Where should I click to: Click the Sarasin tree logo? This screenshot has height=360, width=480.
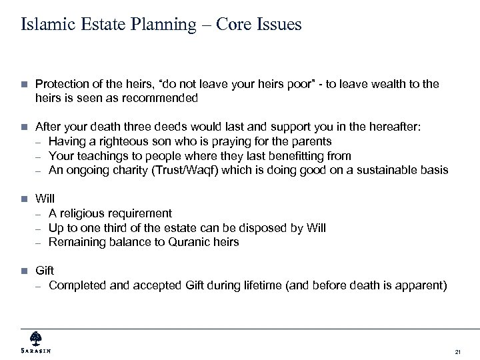(x=35, y=337)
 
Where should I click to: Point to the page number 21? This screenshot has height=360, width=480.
(x=457, y=351)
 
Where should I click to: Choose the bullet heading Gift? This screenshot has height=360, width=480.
(x=44, y=271)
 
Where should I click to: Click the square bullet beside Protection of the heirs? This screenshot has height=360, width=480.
(x=24, y=84)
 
